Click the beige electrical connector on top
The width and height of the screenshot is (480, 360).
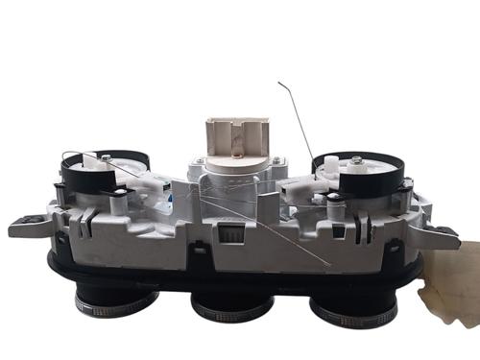click(235, 136)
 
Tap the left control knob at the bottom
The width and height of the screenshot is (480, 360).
click(115, 300)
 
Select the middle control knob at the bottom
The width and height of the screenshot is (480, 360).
click(231, 305)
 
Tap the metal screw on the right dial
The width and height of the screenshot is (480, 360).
click(356, 159)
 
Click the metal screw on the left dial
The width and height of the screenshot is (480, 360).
click(107, 158)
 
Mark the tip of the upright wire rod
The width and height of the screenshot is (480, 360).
click(279, 84)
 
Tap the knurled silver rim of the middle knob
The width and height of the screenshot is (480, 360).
click(231, 314)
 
